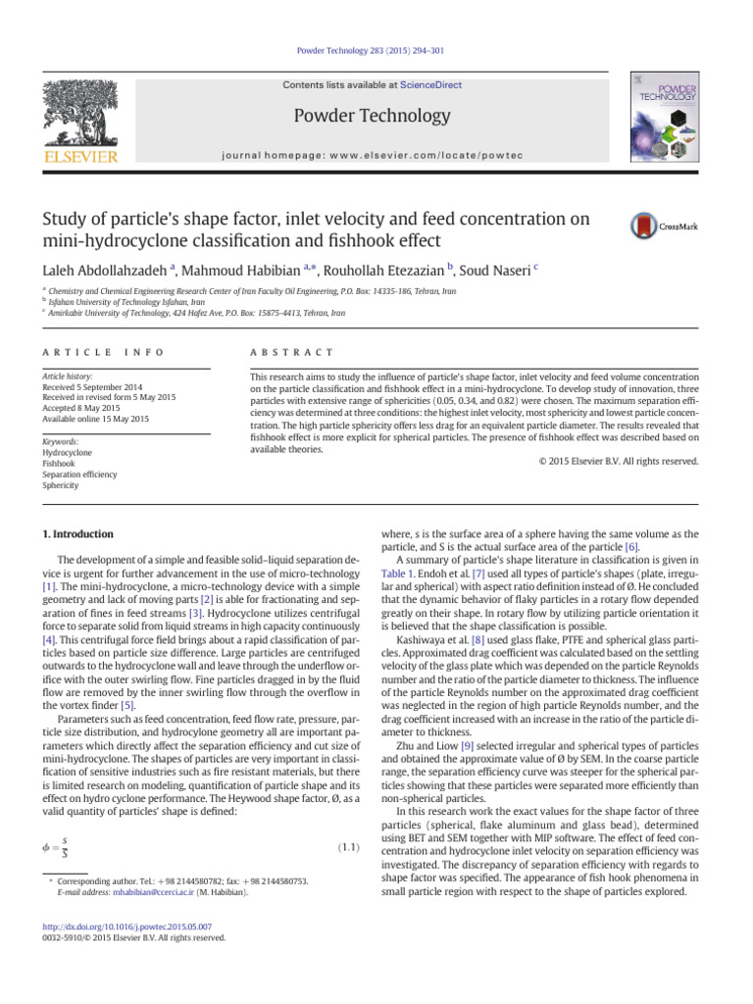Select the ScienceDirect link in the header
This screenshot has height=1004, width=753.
[x=429, y=85]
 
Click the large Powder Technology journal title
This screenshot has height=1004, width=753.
[x=376, y=116]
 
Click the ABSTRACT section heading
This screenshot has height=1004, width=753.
[x=292, y=352]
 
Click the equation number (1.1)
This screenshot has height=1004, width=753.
[x=349, y=820]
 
